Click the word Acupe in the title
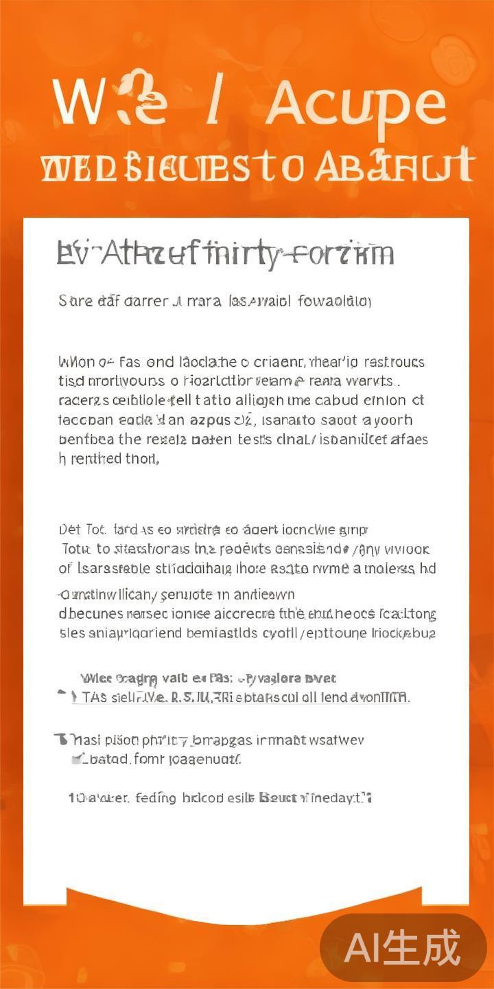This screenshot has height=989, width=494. (x=355, y=104)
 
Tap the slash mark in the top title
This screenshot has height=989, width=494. (x=214, y=103)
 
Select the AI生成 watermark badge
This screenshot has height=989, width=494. (x=403, y=948)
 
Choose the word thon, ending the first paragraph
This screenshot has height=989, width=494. (x=142, y=459)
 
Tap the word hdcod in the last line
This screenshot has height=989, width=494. (x=205, y=798)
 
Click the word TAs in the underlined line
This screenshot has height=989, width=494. (x=94, y=697)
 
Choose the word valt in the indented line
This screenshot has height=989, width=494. (x=176, y=679)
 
